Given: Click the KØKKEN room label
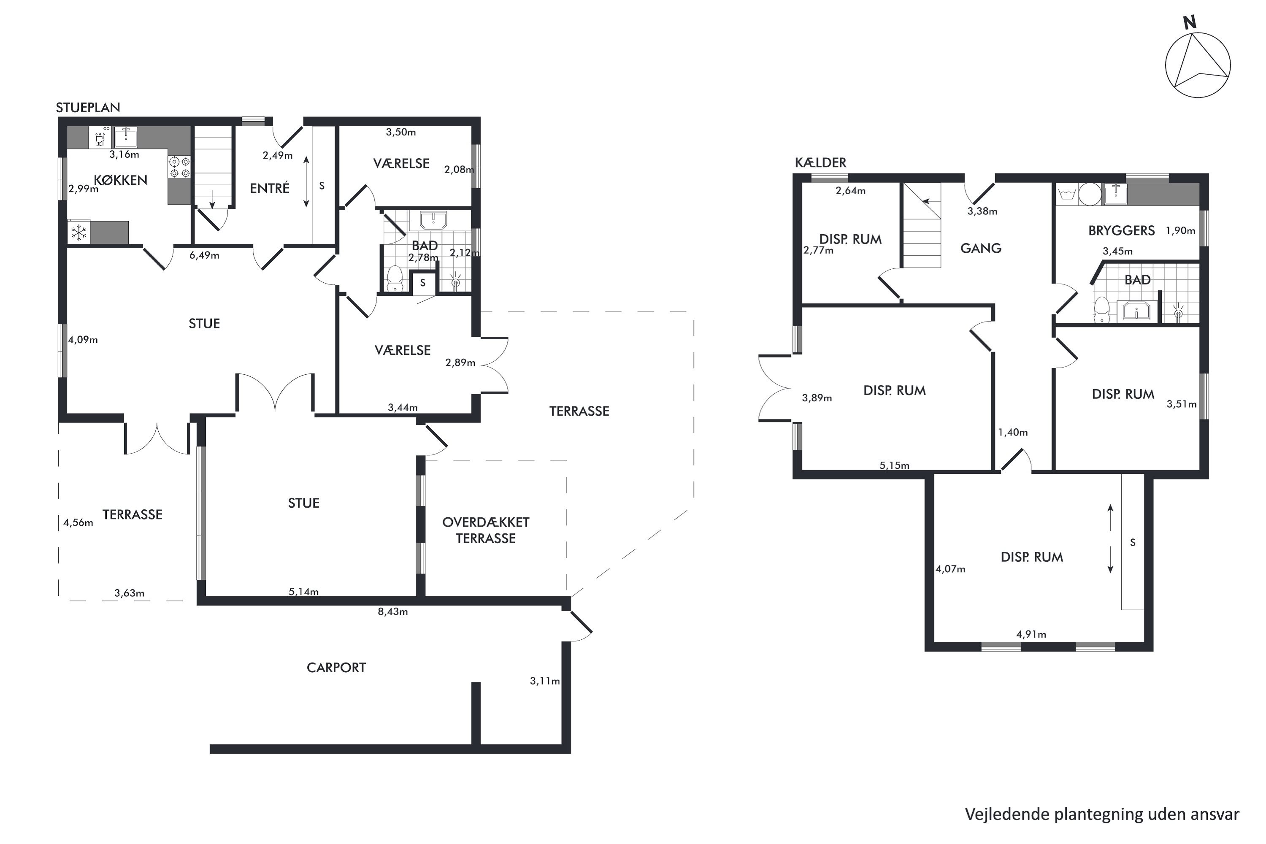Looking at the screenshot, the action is pos(121,180).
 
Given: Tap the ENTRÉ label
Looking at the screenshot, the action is pos(270,188).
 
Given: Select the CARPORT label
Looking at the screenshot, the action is pos(336,668).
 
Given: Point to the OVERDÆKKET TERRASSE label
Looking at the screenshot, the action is pos(486,530).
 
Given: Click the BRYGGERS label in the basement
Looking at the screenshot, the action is pos(1122,230).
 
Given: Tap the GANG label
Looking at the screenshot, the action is pos(981,248).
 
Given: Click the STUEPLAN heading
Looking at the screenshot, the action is pos(88,107).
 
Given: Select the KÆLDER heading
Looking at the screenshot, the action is pos(821,162).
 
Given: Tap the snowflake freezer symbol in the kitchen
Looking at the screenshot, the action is pos(79,233).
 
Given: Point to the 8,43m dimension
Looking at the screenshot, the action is pos(393,611).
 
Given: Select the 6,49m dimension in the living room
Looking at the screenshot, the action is pos(205,255).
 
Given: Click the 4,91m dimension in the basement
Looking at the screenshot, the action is pos(1031,634).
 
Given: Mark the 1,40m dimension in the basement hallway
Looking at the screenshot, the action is pos(1013,432).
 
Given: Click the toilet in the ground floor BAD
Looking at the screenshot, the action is pos(395,278).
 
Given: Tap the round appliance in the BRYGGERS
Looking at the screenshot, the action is pos(1090,194).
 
